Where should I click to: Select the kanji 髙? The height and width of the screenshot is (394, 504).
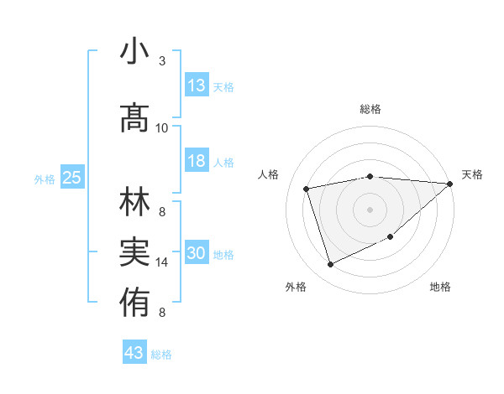(134, 118)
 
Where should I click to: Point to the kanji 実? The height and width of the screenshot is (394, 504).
(134, 251)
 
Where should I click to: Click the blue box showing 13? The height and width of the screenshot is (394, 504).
(197, 86)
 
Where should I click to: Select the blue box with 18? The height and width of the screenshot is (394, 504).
(197, 161)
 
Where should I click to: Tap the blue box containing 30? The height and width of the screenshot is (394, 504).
(197, 253)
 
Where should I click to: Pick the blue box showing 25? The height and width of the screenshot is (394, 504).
(71, 178)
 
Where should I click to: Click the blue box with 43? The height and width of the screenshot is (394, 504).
(134, 353)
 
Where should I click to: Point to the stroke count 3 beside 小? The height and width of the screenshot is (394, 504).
(162, 61)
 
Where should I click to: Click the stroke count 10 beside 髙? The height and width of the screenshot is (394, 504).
(162, 127)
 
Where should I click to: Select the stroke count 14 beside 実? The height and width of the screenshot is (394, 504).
(162, 262)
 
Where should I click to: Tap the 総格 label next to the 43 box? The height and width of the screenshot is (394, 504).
(161, 355)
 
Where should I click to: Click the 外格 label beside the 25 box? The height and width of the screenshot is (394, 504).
(45, 179)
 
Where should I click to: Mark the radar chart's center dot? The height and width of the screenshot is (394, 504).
(370, 209)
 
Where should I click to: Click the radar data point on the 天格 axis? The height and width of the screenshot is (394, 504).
(449, 184)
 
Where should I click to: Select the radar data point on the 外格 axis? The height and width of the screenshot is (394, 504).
(330, 265)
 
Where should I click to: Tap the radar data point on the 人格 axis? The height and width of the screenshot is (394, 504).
(307, 189)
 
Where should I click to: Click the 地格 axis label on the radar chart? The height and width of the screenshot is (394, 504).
(440, 288)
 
